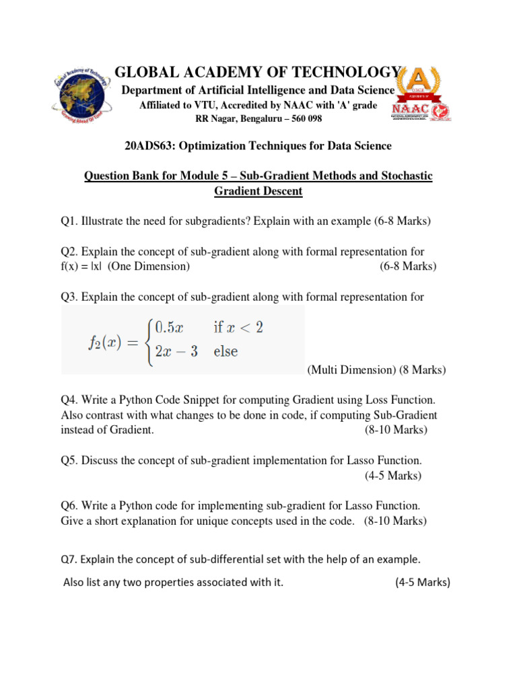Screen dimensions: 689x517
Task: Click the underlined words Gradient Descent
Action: [x=258, y=191]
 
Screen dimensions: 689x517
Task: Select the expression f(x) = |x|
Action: [x=82, y=266]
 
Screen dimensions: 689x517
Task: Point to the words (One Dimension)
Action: [x=149, y=266]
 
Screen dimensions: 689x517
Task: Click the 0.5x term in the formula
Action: [x=169, y=328]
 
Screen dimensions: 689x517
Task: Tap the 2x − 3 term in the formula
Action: [x=176, y=351]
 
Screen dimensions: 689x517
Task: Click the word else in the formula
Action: [x=226, y=351]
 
